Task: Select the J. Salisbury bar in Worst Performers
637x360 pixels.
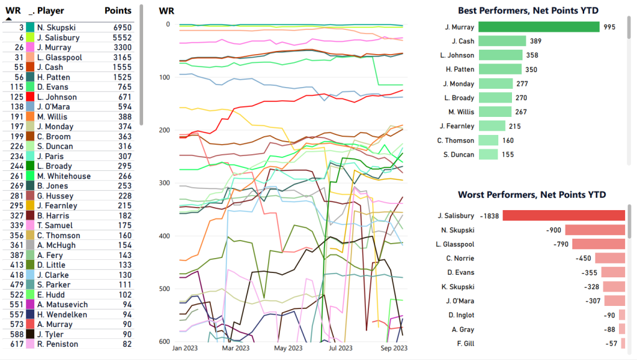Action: pos(564,216)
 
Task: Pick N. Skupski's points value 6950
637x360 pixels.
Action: pos(122,28)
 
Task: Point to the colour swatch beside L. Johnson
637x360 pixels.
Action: pos(30,97)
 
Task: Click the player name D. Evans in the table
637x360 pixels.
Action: pos(50,87)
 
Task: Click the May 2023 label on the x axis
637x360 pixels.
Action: pos(287,348)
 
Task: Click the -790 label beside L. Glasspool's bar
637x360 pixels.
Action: pos(561,244)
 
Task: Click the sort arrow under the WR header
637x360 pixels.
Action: pos(9,19)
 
